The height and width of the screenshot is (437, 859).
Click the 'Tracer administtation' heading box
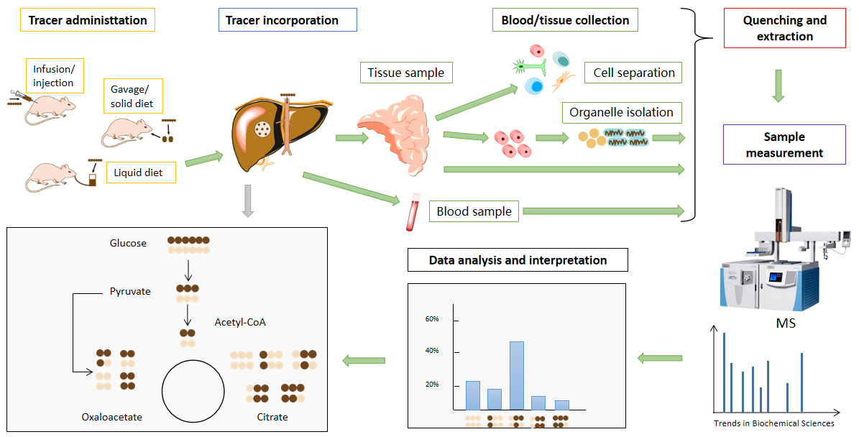tap(88, 20)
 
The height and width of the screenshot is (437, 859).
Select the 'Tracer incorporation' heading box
tap(287, 20)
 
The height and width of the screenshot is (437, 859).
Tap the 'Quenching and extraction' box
tap(785, 29)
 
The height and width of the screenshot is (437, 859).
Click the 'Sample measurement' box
tap(785, 144)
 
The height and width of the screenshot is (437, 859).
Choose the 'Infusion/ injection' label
tap(54, 75)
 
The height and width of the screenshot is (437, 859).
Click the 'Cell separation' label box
tap(633, 73)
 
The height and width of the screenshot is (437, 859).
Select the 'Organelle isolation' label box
tap(621, 112)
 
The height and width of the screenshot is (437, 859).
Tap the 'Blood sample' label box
tap(474, 211)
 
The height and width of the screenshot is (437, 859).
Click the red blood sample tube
tap(413, 215)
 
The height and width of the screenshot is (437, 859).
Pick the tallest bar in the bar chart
tap(516, 375)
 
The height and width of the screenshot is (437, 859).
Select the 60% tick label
tap(432, 319)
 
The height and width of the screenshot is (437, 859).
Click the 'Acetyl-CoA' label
tap(240, 322)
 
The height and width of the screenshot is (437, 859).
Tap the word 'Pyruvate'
tap(130, 292)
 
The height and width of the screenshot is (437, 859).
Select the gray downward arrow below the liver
tap(247, 201)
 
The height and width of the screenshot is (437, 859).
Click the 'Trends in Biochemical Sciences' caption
tap(773, 423)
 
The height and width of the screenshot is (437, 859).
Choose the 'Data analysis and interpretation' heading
tap(518, 260)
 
